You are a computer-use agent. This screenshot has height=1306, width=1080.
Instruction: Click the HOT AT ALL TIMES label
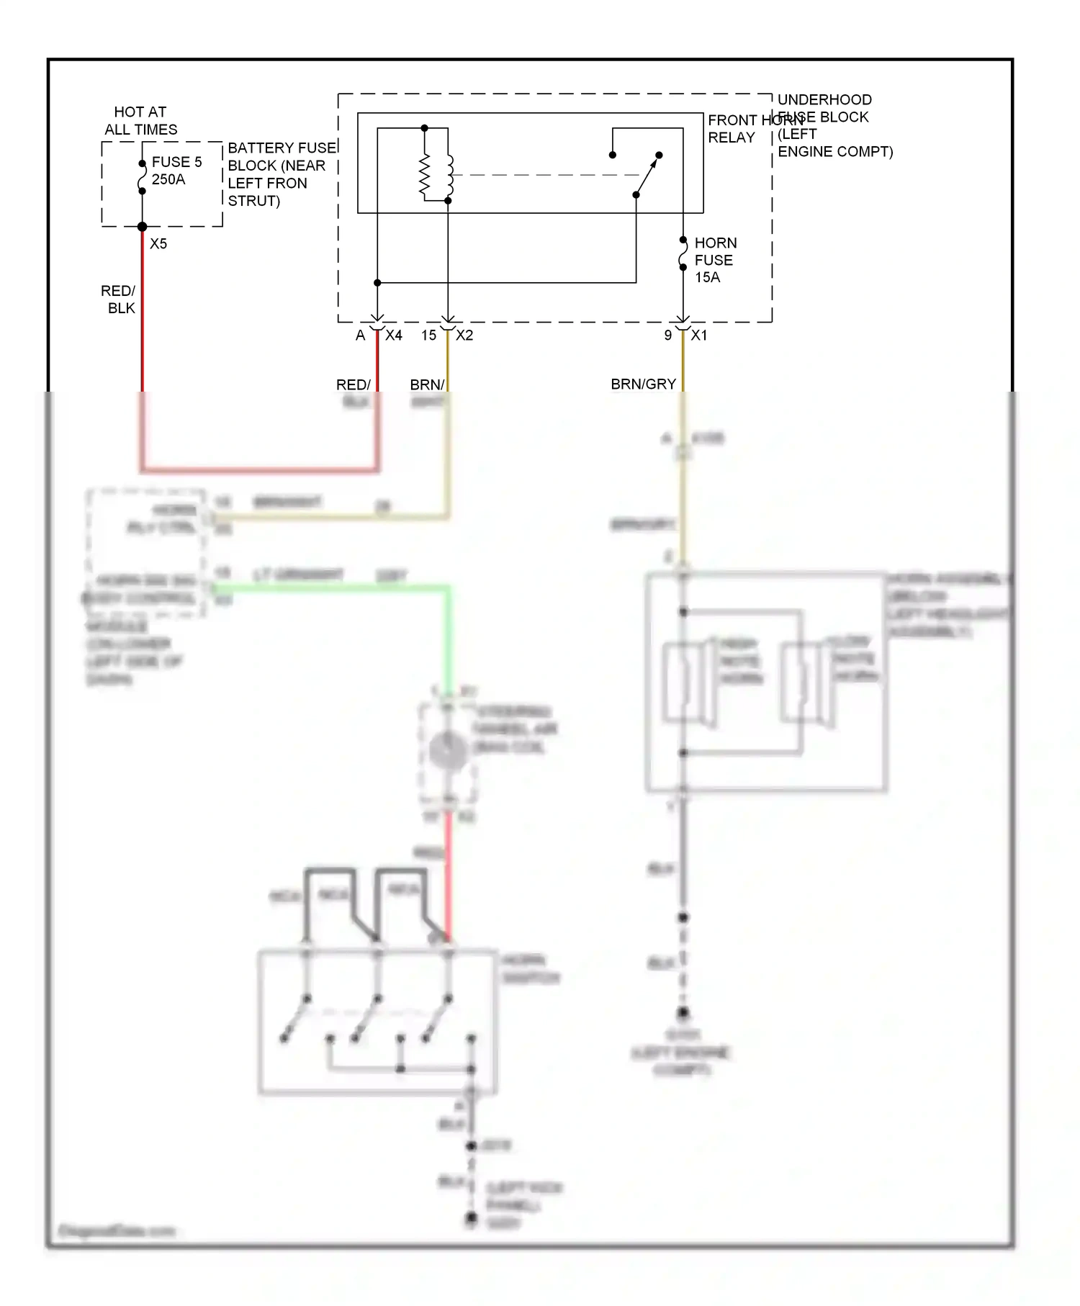click(x=140, y=121)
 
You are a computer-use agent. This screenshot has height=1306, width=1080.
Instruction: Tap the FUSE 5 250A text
click(x=176, y=171)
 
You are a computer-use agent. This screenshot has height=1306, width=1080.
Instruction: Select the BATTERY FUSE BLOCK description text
click(x=282, y=174)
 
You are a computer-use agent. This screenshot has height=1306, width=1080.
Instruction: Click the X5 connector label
click(x=158, y=244)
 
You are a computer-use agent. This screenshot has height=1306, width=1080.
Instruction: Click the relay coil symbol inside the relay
click(x=436, y=175)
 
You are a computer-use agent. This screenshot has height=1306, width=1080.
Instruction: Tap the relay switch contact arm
click(x=647, y=175)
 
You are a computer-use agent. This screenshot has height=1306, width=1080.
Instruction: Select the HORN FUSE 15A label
click(x=714, y=260)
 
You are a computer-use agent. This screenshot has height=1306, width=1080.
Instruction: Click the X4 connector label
click(x=394, y=335)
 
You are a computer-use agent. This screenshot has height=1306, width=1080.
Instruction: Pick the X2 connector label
click(x=464, y=335)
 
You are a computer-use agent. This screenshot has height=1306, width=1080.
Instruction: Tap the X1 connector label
click(x=699, y=335)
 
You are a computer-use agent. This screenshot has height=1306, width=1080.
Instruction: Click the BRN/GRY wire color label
click(x=643, y=384)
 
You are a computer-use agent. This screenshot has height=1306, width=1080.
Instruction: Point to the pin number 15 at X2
click(x=428, y=335)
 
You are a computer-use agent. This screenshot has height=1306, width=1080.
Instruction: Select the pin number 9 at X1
click(x=668, y=335)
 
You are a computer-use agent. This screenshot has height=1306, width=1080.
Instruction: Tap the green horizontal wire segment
click(x=331, y=588)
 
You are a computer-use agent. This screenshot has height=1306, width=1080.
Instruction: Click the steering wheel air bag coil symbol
click(x=447, y=750)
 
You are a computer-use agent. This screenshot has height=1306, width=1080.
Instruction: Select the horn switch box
click(x=377, y=1022)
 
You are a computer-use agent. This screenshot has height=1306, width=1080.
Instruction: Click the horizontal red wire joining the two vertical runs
click(x=259, y=470)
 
